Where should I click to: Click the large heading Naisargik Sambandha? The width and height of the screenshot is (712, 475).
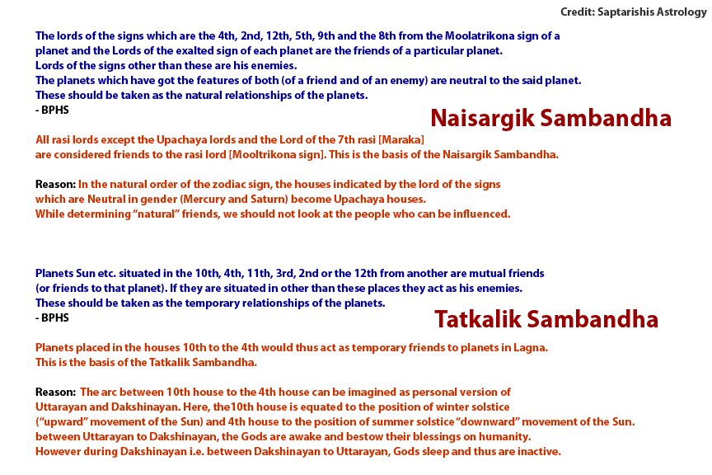(550, 118)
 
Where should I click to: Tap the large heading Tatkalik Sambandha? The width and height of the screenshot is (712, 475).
(546, 319)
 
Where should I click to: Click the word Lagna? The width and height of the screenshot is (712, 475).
(531, 347)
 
